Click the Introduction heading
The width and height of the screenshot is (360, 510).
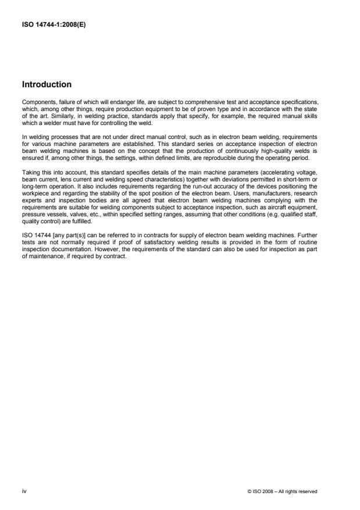[47, 84]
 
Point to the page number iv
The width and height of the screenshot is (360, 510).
[24, 491]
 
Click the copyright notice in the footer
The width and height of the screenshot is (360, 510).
[281, 491]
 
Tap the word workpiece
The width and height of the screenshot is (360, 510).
[34, 182]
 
